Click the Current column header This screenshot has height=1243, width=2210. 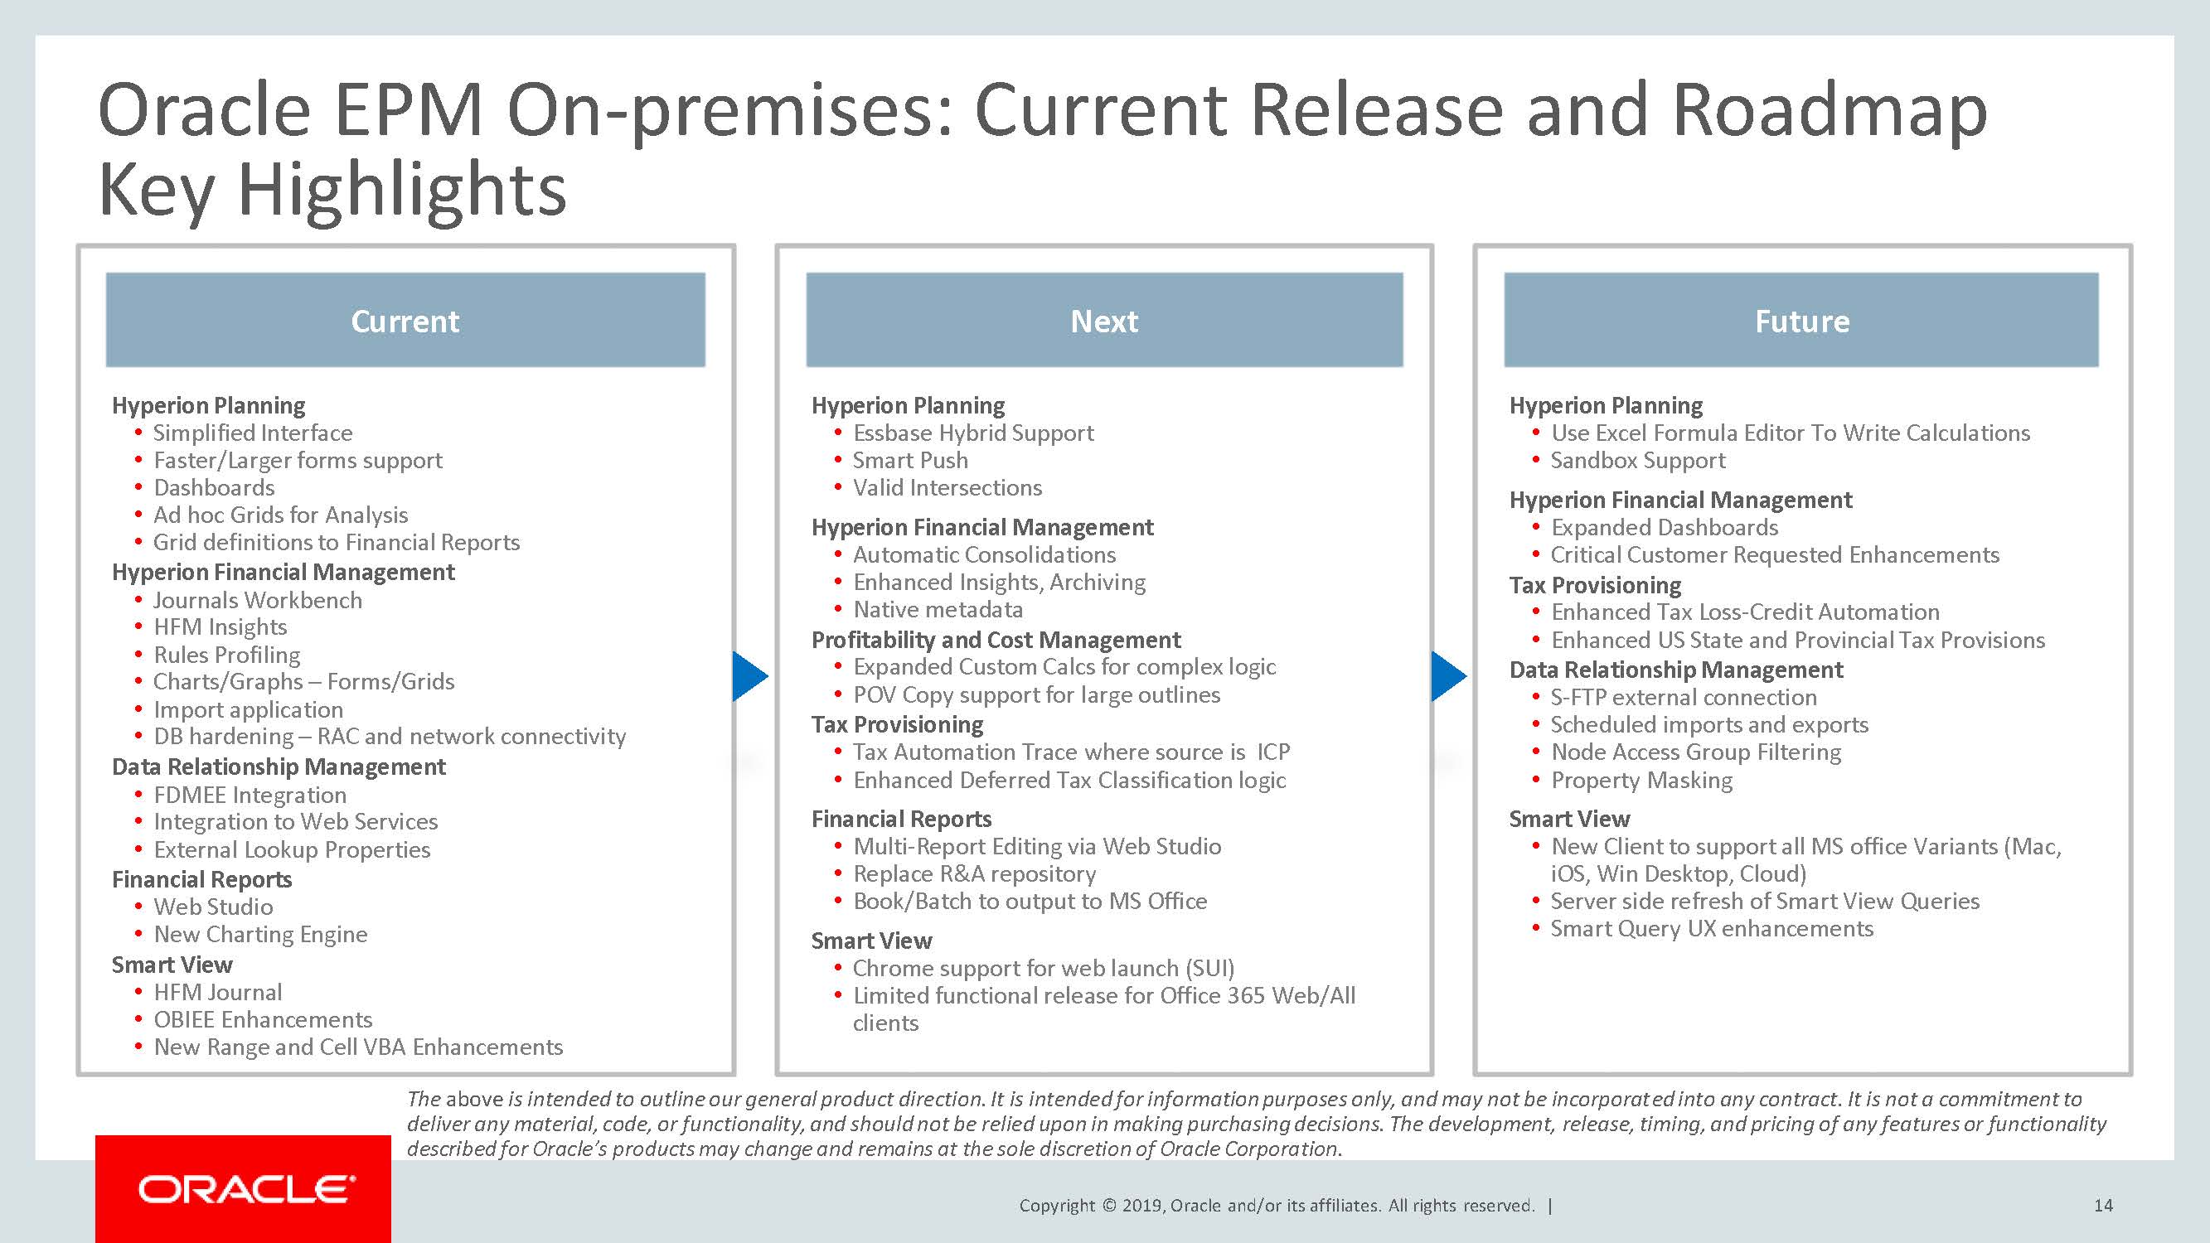click(405, 321)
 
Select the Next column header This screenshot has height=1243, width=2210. click(1104, 321)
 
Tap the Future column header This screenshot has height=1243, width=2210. click(1801, 321)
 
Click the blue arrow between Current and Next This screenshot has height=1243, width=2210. click(749, 676)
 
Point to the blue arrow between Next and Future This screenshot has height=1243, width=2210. click(1448, 676)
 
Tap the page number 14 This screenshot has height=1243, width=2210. click(2103, 1205)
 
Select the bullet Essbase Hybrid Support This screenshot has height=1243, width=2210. click(973, 433)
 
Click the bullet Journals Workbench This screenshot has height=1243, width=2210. click(257, 601)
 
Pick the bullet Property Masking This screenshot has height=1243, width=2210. click(1641, 781)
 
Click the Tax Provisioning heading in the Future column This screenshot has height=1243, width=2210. click(1595, 585)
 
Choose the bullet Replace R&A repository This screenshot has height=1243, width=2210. click(974, 874)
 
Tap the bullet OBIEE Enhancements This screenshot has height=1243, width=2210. click(263, 1020)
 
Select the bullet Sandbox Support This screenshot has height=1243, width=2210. click(1638, 461)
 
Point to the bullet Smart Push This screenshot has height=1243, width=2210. click(909, 461)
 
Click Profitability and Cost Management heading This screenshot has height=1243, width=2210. click(996, 640)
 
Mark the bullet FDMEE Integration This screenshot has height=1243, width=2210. click(250, 796)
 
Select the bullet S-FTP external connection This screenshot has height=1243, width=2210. click(1684, 698)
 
